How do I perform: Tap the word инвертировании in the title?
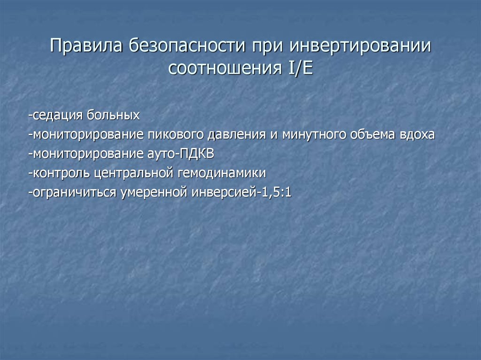360,47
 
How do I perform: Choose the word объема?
373,135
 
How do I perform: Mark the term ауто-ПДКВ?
184,154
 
